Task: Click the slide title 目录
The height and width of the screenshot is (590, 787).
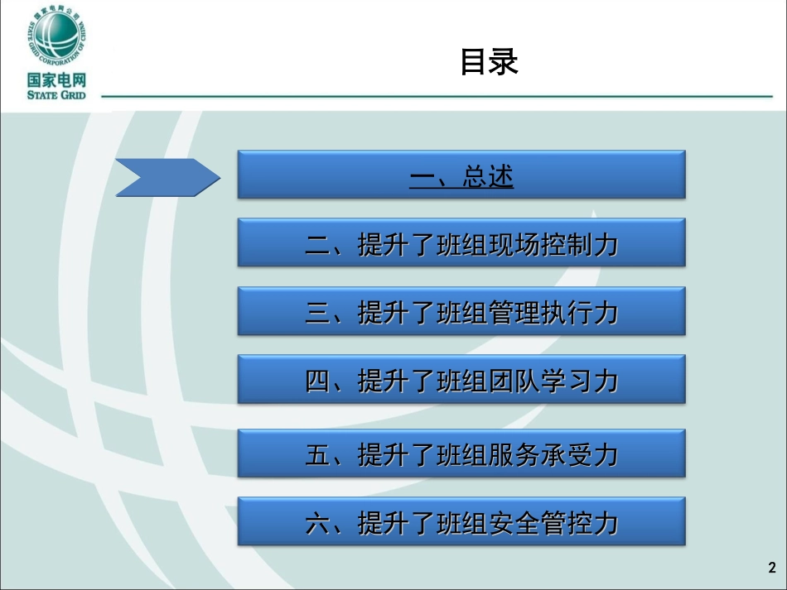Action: point(489,62)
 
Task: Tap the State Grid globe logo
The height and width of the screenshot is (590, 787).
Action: point(56,36)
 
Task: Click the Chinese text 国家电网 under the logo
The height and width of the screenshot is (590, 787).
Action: point(56,80)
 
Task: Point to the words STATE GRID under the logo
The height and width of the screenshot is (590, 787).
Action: point(56,95)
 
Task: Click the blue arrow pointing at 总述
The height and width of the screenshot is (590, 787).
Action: point(167,177)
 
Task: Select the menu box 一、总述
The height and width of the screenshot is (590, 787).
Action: point(461,175)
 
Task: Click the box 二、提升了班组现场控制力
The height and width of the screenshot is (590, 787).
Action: point(461,243)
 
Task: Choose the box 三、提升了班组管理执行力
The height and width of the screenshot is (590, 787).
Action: point(461,312)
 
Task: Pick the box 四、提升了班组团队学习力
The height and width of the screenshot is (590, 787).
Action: point(461,380)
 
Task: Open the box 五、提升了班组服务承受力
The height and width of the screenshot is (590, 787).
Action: point(461,454)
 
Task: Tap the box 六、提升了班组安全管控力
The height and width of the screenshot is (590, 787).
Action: point(461,522)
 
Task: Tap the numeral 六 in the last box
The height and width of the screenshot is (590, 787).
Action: point(318,523)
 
